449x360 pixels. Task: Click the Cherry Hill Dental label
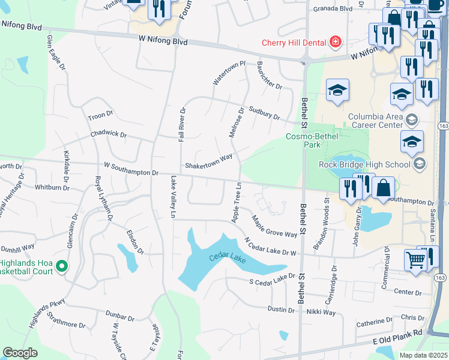294,42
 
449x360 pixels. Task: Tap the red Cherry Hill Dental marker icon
335,42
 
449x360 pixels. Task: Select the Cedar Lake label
228,258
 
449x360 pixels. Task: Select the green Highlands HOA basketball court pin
61,265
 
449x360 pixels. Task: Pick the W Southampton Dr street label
131,169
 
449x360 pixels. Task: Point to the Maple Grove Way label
274,226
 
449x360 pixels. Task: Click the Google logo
20,353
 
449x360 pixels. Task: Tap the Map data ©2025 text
423,355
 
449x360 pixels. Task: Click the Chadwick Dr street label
109,135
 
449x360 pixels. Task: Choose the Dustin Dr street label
281,310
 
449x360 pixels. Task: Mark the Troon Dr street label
100,116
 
